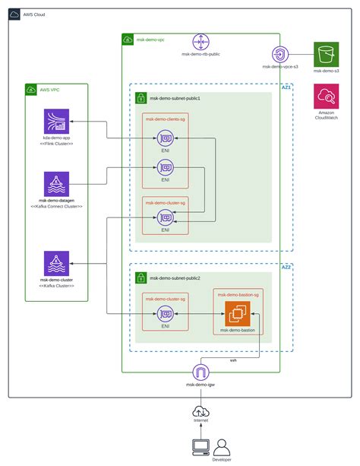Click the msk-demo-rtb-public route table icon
pos(201,42)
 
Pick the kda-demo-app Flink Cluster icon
pos(56,122)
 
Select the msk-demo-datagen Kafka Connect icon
pos(56,184)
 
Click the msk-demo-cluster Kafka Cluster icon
pos(56,264)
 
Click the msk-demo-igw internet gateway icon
pos(201,372)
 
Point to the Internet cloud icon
pos(201,412)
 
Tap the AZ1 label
pos(286,88)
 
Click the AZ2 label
pos(286,268)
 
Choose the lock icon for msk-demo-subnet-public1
pos(141,98)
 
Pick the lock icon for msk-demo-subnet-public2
pos(141,278)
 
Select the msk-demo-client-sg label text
pos(164,119)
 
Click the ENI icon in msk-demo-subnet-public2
pos(165,313)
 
